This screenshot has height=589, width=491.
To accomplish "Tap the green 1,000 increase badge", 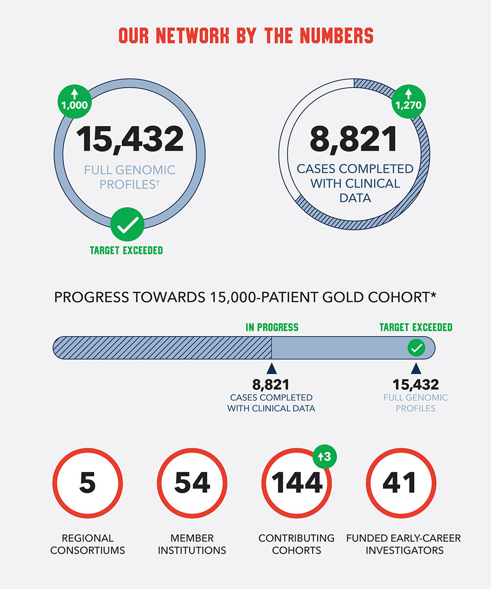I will tap(74, 100).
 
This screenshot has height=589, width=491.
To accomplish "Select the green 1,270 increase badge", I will tap(408, 100).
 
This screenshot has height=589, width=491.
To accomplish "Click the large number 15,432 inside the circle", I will tap(130, 139).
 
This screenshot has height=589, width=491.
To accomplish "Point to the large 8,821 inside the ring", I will tap(354, 139).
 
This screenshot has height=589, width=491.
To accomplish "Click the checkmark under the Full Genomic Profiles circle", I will tap(127, 225).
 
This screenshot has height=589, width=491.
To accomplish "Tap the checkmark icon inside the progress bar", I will tap(416, 348).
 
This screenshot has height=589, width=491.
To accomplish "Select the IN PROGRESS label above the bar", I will tap(272, 327).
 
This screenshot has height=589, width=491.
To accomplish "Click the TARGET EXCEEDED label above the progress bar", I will tap(416, 327).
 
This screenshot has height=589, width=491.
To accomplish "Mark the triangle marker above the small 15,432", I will tap(416, 368).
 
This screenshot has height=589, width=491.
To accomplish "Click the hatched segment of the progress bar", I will tap(162, 348).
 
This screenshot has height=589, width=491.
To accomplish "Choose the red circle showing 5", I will tap(87, 482).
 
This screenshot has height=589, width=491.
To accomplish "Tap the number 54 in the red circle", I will tap(192, 482).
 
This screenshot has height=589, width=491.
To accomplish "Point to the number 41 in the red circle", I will tap(400, 482).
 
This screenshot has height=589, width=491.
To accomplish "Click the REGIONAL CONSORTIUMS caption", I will tap(87, 544).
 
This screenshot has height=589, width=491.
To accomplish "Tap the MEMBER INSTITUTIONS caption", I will tap(192, 544).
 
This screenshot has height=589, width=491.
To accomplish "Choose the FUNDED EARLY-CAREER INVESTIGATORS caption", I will tap(404, 544).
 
